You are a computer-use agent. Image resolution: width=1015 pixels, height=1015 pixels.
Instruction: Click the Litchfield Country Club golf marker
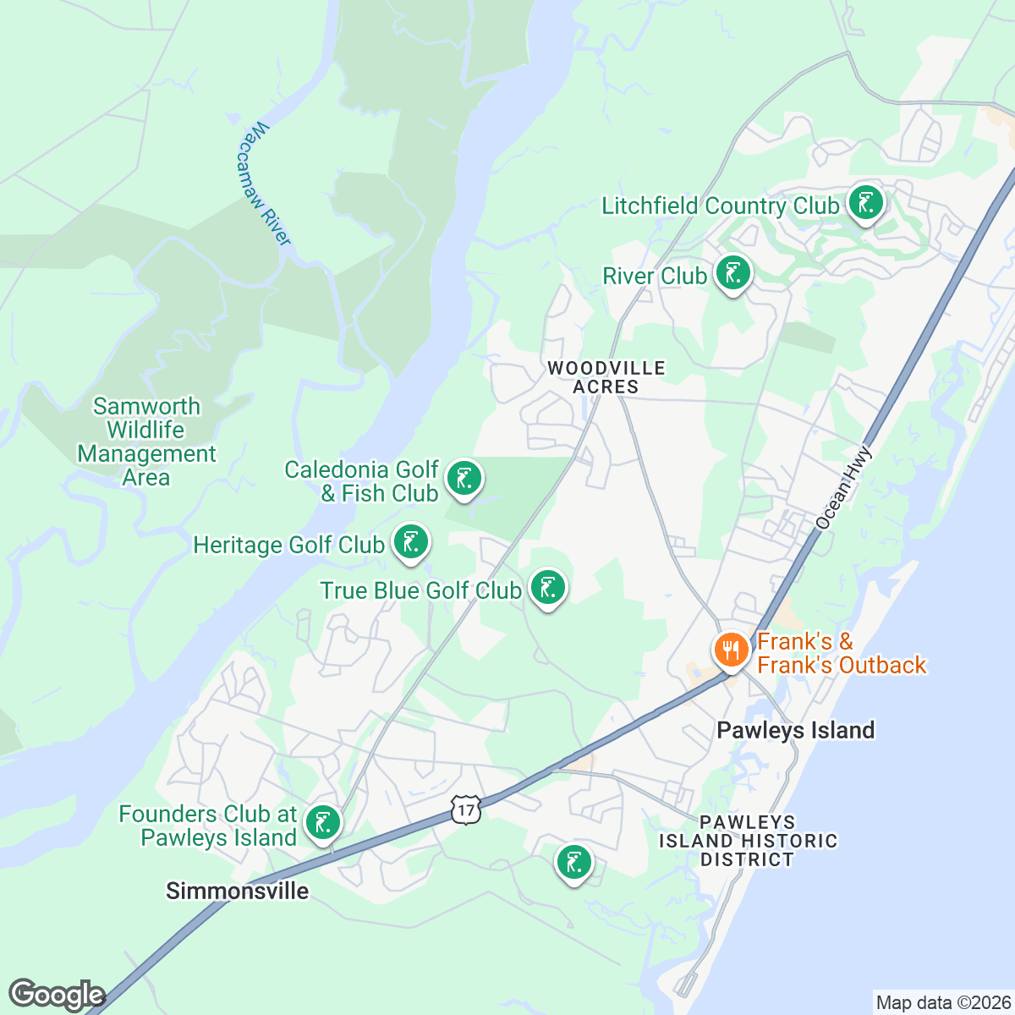[x=865, y=203]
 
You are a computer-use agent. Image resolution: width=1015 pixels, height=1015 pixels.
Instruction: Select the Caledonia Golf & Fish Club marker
[x=464, y=479]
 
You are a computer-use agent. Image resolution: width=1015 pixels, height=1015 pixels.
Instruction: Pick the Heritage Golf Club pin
[x=411, y=542]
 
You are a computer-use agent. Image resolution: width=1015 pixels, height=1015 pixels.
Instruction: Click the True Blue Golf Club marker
[x=548, y=587]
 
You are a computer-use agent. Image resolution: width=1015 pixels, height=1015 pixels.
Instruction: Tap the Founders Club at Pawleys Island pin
[x=323, y=822]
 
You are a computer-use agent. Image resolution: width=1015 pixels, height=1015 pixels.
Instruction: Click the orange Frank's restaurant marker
[x=729, y=650]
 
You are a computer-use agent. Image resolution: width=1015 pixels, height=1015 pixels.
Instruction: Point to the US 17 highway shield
[x=466, y=809]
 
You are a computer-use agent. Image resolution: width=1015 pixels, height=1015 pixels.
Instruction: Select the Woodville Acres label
[x=606, y=377]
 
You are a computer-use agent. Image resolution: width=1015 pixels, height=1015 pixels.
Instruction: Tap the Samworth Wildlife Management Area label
[x=147, y=442]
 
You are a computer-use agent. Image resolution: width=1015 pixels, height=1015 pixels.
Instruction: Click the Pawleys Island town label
[x=795, y=730]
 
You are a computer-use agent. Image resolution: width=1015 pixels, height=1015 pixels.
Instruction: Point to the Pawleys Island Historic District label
[x=748, y=841]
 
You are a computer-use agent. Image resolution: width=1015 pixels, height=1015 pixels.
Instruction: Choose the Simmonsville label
[x=238, y=891]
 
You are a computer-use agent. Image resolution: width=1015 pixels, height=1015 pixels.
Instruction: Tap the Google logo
[x=57, y=995]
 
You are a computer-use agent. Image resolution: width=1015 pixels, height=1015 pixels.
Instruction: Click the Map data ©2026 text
[x=943, y=1003]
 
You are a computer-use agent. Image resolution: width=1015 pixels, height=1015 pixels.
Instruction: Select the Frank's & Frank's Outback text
[x=841, y=653]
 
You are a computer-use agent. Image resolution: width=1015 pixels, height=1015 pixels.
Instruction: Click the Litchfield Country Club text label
[x=720, y=206]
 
